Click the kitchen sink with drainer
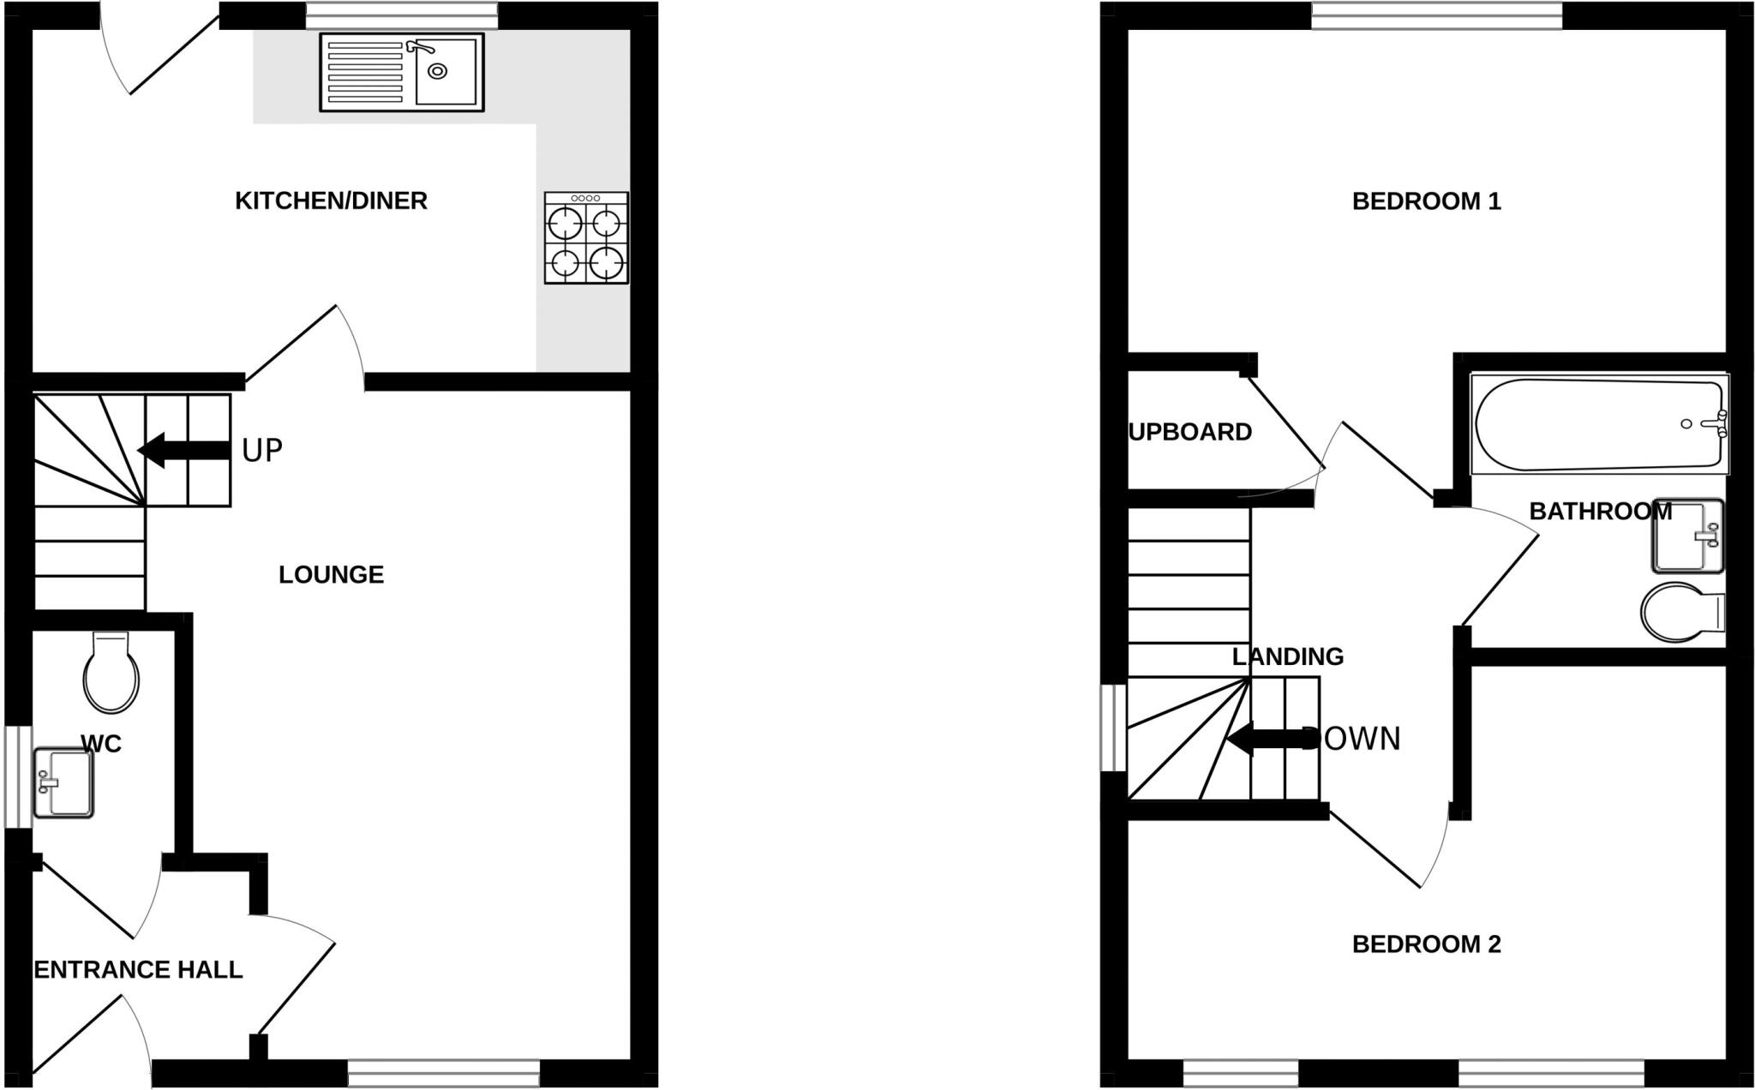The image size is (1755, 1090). (401, 72)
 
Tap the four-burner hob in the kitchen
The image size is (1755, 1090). (586, 237)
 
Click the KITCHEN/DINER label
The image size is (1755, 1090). (331, 201)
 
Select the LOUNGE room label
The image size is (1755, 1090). (331, 574)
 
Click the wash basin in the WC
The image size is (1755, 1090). (63, 782)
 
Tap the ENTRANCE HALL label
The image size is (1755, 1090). (138, 969)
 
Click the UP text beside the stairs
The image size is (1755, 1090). (261, 450)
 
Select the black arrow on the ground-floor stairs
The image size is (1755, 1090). (184, 450)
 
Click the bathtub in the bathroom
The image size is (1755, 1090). (1599, 424)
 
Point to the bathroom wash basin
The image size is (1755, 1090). (1686, 536)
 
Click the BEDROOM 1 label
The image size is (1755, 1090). (1426, 201)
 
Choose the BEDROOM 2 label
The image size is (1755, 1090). (1426, 944)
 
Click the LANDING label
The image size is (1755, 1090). (1287, 656)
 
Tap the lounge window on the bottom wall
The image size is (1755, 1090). (443, 1074)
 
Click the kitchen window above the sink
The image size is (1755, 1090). (401, 15)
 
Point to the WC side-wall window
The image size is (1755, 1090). (18, 777)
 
